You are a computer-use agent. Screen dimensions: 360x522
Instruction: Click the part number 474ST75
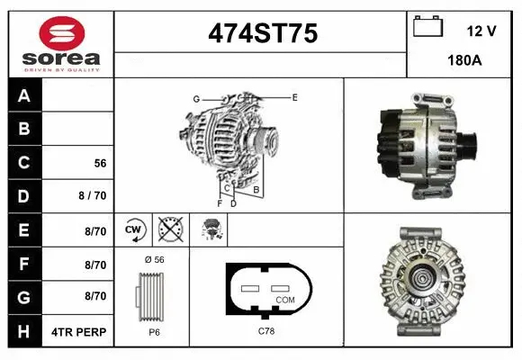click(263, 34)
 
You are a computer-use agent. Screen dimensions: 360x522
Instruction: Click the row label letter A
click(24, 95)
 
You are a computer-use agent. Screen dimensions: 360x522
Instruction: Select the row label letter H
click(24, 331)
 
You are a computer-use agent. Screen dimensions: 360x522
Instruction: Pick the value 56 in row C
click(100, 164)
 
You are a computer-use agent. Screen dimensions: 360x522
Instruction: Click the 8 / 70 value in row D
click(93, 196)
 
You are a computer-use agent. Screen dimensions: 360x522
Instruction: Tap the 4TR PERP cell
click(80, 331)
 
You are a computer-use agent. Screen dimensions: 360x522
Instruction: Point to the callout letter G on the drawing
click(195, 98)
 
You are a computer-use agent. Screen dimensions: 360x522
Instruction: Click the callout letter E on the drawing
click(294, 96)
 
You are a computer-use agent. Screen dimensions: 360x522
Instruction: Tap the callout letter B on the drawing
click(256, 190)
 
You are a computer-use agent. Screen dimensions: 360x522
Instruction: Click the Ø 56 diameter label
click(155, 259)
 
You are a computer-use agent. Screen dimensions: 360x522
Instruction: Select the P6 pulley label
click(154, 332)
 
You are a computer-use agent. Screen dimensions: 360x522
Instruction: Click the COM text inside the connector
click(284, 299)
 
